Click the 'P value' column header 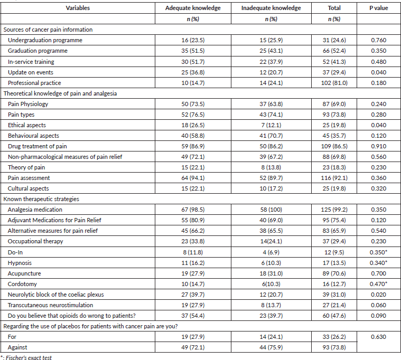pyautogui.click(x=378, y=8)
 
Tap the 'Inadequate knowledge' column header pyautogui.click(x=271, y=8)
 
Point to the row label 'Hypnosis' pyautogui.click(x=20, y=262)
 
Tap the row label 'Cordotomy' pyautogui.click(x=22, y=283)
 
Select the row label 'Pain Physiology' pyautogui.click(x=28, y=104)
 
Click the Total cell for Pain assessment pyautogui.click(x=333, y=178)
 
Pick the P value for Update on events pyautogui.click(x=378, y=72)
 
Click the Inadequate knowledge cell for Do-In pyautogui.click(x=271, y=252)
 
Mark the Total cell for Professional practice pyautogui.click(x=333, y=82)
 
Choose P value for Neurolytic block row pyautogui.click(x=378, y=294)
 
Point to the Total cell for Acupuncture pyautogui.click(x=333, y=273)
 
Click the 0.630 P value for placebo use pyautogui.click(x=378, y=336)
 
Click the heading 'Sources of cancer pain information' pyautogui.click(x=48, y=30)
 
